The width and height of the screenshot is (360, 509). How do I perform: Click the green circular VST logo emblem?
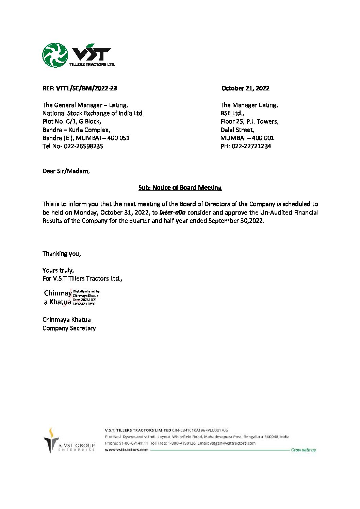pos(55,55)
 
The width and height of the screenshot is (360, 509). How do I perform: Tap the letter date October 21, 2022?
pos(245,88)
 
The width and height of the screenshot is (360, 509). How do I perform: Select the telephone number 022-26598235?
pos(83,146)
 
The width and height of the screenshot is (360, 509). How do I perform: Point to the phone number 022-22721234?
pos(251,146)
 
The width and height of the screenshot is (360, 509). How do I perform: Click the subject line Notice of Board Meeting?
pos(180,188)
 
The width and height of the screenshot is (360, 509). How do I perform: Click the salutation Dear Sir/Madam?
pos(66,171)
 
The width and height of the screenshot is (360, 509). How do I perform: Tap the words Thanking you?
pos(62,254)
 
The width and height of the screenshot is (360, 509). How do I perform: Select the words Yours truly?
pos(58,270)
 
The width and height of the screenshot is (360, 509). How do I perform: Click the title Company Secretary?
pos(69,328)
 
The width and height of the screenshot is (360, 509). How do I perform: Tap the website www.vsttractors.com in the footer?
pos(127,449)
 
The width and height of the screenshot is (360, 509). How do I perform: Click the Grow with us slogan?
pos(303,450)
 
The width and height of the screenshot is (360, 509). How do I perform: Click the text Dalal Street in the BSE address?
pos(237,130)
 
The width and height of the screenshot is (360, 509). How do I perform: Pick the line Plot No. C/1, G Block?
pos(71,121)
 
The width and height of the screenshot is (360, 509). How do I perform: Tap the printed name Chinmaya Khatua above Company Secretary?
pos(66,320)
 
